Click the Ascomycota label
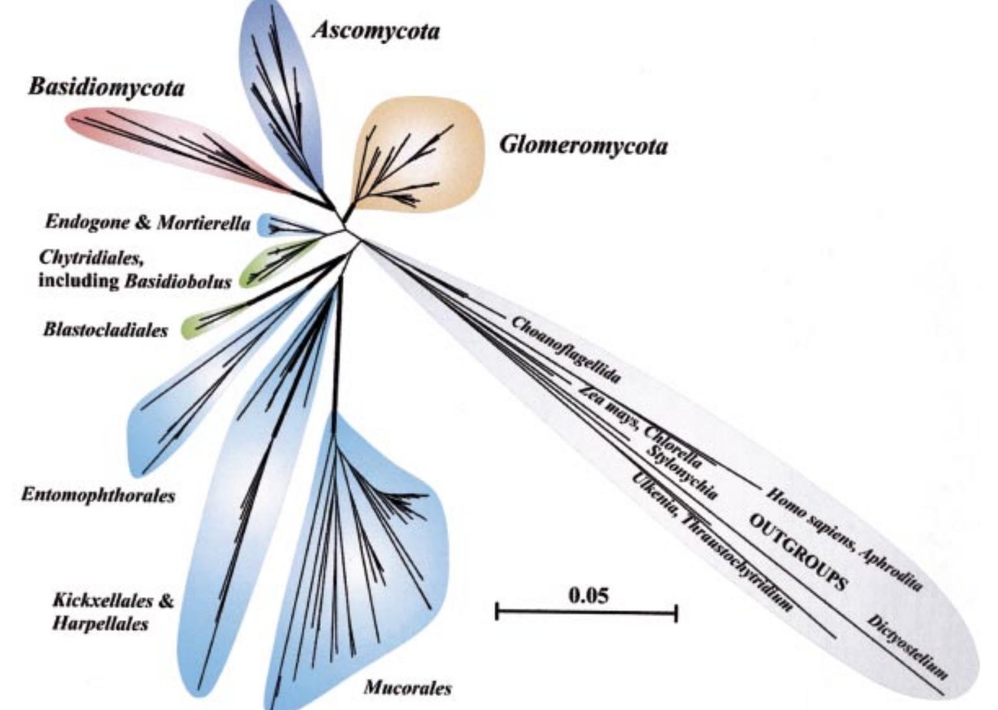[376, 32]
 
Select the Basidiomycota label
[106, 88]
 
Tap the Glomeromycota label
[584, 146]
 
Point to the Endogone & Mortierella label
[148, 223]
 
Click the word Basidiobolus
[178, 281]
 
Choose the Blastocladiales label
[106, 330]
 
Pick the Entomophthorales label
[98, 495]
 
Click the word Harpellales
[100, 623]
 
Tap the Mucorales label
[408, 688]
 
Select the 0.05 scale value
[588, 595]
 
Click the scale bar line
[587, 613]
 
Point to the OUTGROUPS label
[797, 552]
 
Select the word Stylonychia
[682, 472]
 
